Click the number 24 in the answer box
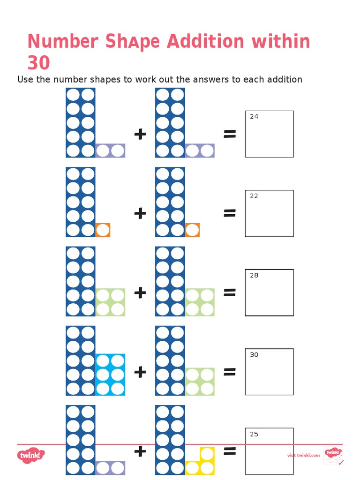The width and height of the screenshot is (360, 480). [254, 117]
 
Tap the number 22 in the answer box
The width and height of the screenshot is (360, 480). [254, 196]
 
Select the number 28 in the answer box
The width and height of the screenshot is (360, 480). [254, 275]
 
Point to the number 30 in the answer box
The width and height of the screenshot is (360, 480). [254, 355]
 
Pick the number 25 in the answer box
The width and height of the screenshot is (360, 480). [254, 434]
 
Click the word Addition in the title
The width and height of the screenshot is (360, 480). [205, 42]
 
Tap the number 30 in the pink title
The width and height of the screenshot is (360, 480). [38, 63]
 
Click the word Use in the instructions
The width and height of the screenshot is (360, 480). [25, 80]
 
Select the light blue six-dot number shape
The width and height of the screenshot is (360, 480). [111, 375]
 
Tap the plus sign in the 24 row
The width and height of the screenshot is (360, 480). [140, 135]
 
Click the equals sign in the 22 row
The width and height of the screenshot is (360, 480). [229, 214]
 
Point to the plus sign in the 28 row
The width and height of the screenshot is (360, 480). [140, 293]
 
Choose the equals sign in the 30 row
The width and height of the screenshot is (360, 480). [229, 372]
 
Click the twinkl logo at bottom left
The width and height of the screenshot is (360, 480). [31, 455]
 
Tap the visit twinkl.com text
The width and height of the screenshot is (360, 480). [303, 455]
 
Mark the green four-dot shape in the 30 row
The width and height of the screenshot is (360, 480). [200, 382]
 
